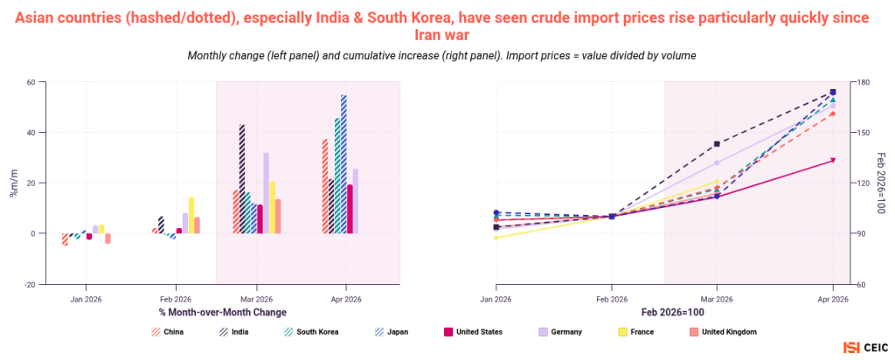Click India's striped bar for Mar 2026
242,179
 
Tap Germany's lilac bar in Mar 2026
266,193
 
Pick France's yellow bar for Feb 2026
191,216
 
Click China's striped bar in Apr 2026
325,187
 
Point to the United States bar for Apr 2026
350,210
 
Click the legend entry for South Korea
314,331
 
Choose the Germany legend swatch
544,331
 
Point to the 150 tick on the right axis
861,132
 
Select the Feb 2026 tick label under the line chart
611,299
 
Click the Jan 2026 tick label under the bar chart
86,299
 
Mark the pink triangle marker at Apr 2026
833,160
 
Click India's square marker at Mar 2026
717,144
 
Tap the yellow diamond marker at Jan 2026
496,238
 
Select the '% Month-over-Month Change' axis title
223,313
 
